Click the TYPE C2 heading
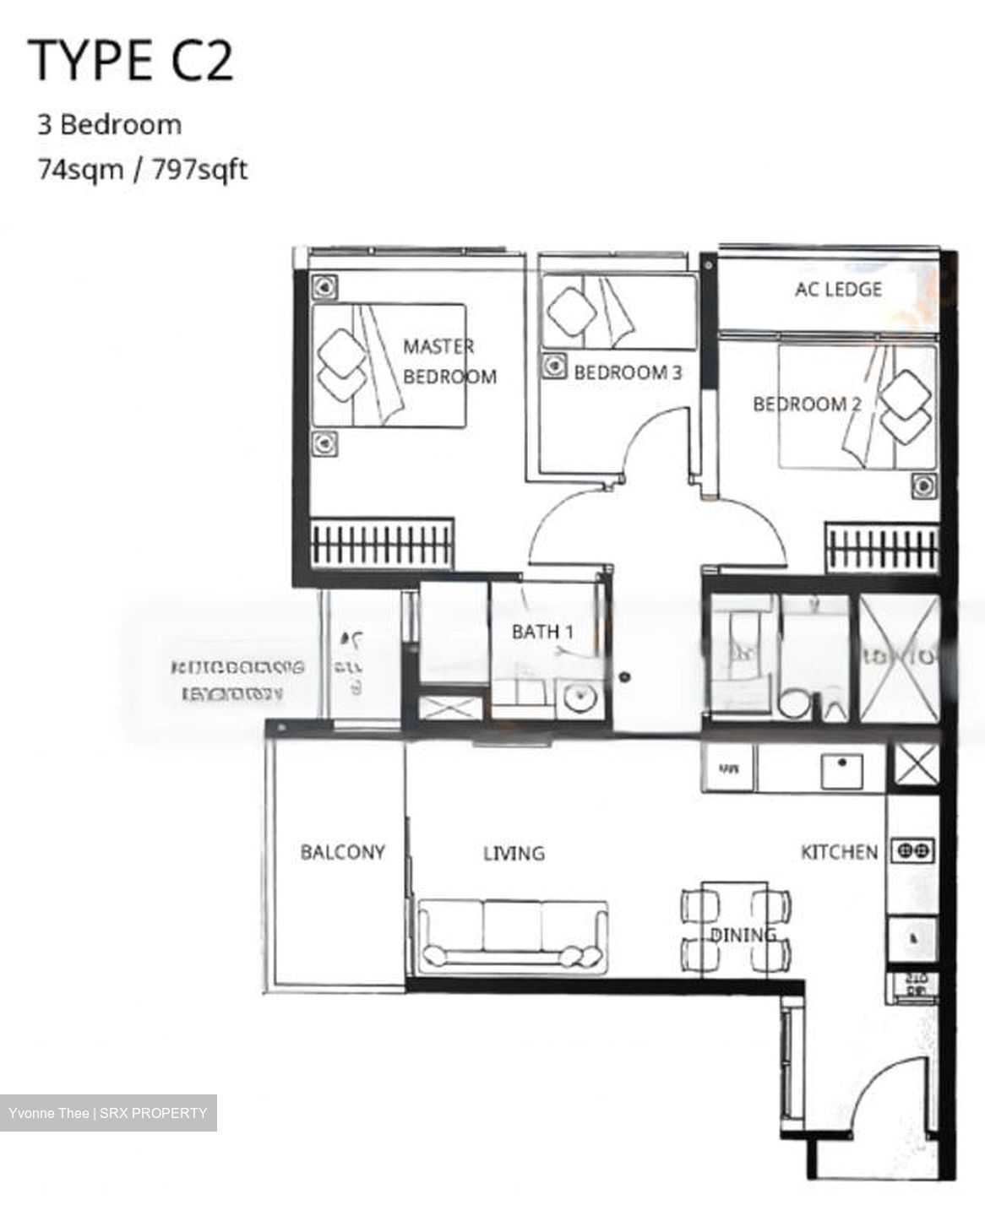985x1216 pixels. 131,60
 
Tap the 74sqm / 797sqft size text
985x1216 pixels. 142,170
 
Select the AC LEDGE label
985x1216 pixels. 837,290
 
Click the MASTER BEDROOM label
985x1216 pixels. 448,361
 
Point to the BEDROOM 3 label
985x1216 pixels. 627,372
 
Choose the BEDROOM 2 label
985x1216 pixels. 806,404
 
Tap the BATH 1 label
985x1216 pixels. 542,631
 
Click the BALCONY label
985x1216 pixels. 342,852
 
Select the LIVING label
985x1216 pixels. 514,854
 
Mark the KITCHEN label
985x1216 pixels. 838,852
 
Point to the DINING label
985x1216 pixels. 742,935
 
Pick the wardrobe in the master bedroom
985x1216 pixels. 382,541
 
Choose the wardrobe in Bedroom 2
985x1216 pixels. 882,548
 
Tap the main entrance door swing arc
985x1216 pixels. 879,1089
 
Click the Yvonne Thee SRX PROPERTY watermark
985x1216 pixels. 108,1113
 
